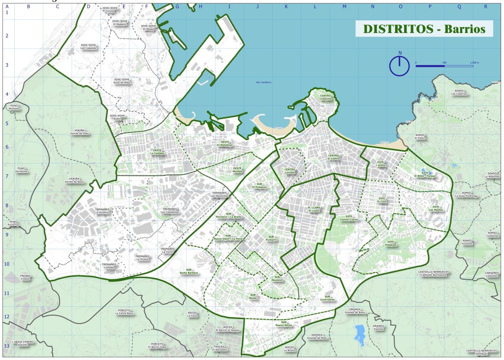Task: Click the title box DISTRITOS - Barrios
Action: click(424, 29)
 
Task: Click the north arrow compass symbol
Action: click(400, 65)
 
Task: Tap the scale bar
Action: click(444, 65)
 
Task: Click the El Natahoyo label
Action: click(225, 144)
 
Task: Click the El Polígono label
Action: click(259, 186)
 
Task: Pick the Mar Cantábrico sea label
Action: click(264, 82)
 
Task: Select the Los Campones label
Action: click(170, 210)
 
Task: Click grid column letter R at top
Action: click(485, 6)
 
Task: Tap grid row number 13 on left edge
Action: click(6, 346)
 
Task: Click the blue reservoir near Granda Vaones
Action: click(360, 333)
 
